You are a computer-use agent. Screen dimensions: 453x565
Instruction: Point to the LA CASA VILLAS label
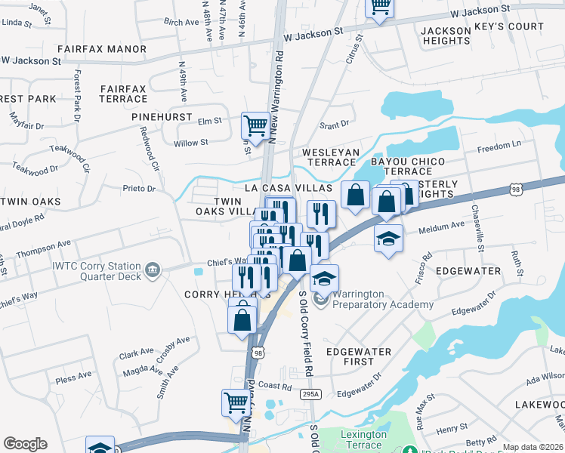pyautogui.click(x=288, y=186)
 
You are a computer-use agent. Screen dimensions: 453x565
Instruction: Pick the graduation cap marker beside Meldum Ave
pyautogui.click(x=388, y=239)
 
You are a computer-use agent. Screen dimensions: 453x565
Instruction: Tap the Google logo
pyautogui.click(x=25, y=444)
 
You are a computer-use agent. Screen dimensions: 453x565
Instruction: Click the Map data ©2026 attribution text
pyautogui.click(x=533, y=447)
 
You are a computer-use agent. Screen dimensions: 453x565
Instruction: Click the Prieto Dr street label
pyautogui.click(x=139, y=188)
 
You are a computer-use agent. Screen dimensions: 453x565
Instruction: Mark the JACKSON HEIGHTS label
pyautogui.click(x=441, y=36)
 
